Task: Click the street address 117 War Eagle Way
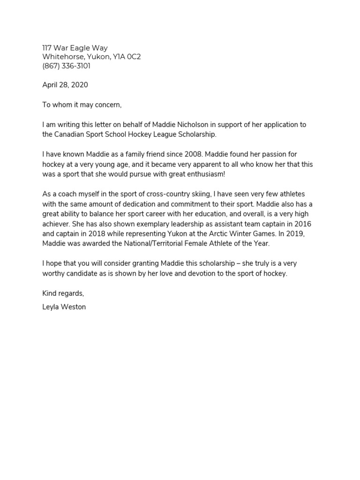click(75, 48)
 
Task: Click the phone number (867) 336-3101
click(66, 66)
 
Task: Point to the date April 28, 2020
click(65, 85)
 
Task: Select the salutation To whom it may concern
click(82, 105)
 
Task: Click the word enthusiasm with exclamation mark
click(203, 174)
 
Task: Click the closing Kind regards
click(63, 293)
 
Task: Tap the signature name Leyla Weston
click(64, 307)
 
